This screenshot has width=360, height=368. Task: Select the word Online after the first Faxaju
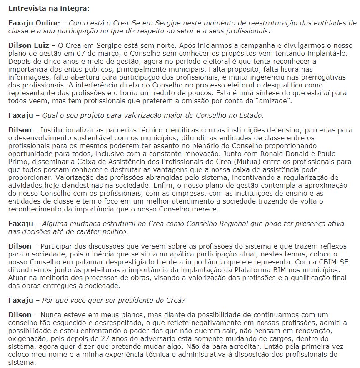pos(48,22)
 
